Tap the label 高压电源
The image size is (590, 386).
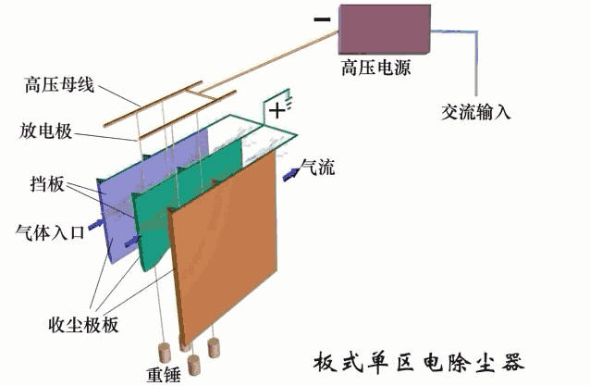pyautogui.click(x=375, y=69)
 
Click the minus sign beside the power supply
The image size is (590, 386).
pyautogui.click(x=321, y=19)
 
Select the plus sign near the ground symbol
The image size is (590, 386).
pyautogui.click(x=276, y=111)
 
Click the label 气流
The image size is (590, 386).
pyautogui.click(x=319, y=168)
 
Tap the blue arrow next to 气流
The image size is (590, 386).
pyautogui.click(x=290, y=173)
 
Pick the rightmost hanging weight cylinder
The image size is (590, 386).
pyautogui.click(x=215, y=349)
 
